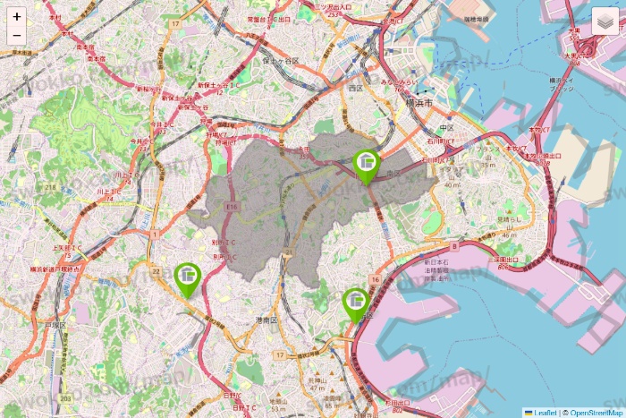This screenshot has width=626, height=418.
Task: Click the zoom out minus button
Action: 17,36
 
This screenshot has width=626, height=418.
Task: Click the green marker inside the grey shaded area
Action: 366,165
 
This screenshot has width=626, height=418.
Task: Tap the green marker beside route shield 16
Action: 356,303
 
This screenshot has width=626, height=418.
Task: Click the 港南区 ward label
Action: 266,320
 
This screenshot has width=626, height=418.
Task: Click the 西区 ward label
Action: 356,89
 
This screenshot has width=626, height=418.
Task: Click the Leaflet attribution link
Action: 545,412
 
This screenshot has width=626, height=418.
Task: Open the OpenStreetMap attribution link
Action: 594,412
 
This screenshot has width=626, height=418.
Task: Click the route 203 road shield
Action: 64,397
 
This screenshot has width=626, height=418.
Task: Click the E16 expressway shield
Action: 233,207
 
